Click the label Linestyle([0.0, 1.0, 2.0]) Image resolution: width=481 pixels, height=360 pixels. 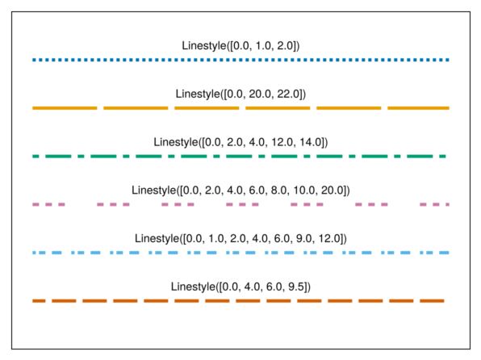240,46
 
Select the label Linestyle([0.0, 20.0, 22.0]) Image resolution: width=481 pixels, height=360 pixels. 240,94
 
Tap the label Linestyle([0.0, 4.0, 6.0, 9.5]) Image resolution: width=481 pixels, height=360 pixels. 240,287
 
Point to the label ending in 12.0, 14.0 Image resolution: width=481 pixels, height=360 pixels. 240,142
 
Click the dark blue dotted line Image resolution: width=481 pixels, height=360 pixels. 240,60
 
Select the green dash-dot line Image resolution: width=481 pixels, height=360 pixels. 239,157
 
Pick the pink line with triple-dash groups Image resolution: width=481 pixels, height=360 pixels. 240,204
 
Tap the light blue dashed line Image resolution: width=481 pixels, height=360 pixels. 240,253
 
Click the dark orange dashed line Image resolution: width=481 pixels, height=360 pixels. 238,301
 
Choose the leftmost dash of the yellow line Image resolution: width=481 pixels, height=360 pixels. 65,108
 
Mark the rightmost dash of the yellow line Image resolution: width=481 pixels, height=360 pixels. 418,108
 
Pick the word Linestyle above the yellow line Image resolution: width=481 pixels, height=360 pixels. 198,94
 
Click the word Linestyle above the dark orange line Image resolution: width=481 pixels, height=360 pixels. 193,287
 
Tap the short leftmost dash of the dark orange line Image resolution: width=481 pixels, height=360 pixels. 39,301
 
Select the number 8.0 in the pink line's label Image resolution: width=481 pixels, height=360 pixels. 279,190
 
